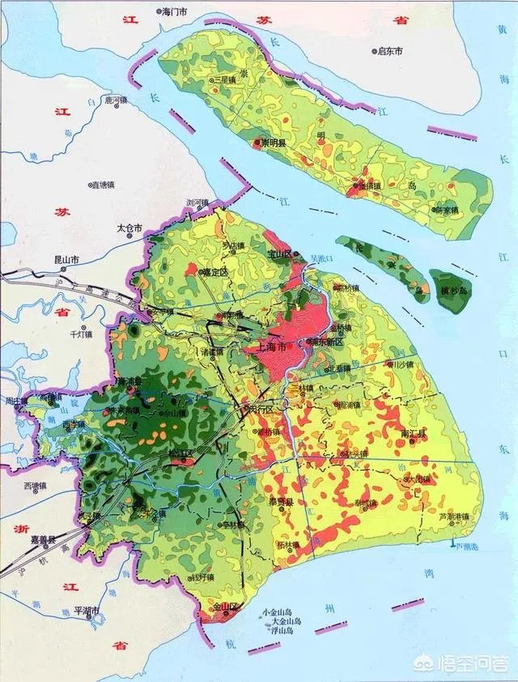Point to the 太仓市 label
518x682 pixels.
coord(129,229)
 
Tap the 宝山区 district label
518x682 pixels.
coord(278,254)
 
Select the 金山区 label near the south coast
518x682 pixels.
coord(223,606)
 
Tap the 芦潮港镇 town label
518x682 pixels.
coord(454,516)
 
